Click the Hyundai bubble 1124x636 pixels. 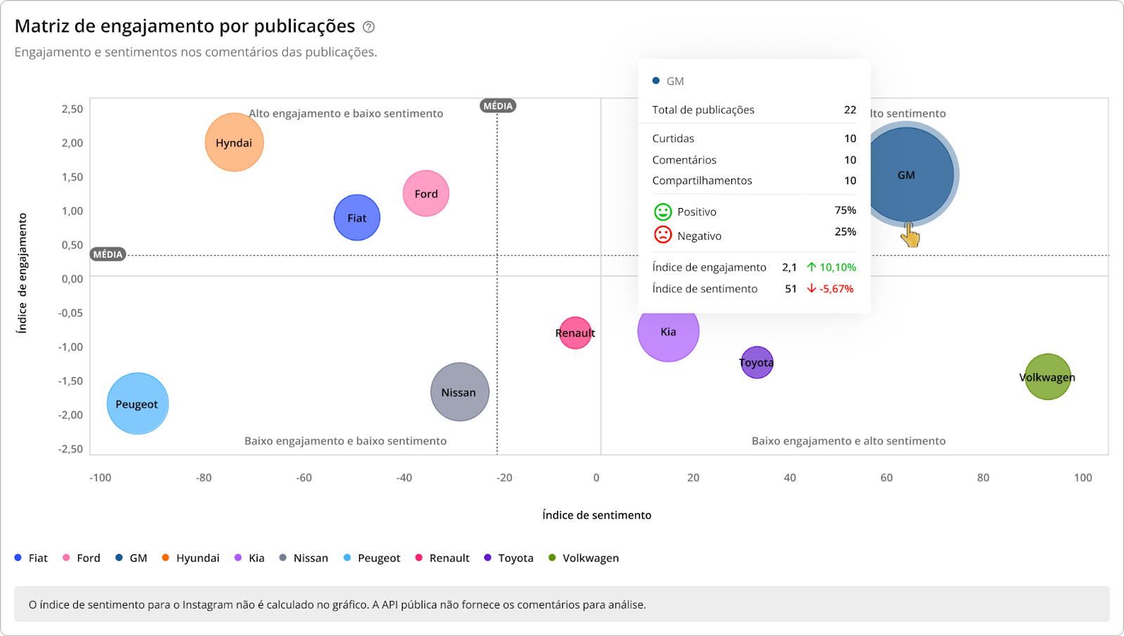point(234,143)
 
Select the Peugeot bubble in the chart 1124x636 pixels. point(138,403)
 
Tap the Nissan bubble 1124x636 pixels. point(459,392)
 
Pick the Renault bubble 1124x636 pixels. point(575,333)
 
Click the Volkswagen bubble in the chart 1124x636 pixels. point(1047,377)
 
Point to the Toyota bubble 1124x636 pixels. point(757,363)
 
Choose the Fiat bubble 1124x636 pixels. point(357,218)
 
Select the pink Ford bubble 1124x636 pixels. point(426,193)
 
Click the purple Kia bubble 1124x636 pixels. point(668,332)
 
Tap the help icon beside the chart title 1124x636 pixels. point(369,27)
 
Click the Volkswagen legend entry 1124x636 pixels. point(583,558)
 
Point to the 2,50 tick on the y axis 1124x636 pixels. point(72,109)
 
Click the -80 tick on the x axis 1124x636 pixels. point(203,478)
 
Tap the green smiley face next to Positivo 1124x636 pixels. point(662,212)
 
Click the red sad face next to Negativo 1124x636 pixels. point(662,235)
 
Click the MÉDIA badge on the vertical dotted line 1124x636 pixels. point(498,106)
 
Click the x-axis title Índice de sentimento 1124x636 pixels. point(596,515)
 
